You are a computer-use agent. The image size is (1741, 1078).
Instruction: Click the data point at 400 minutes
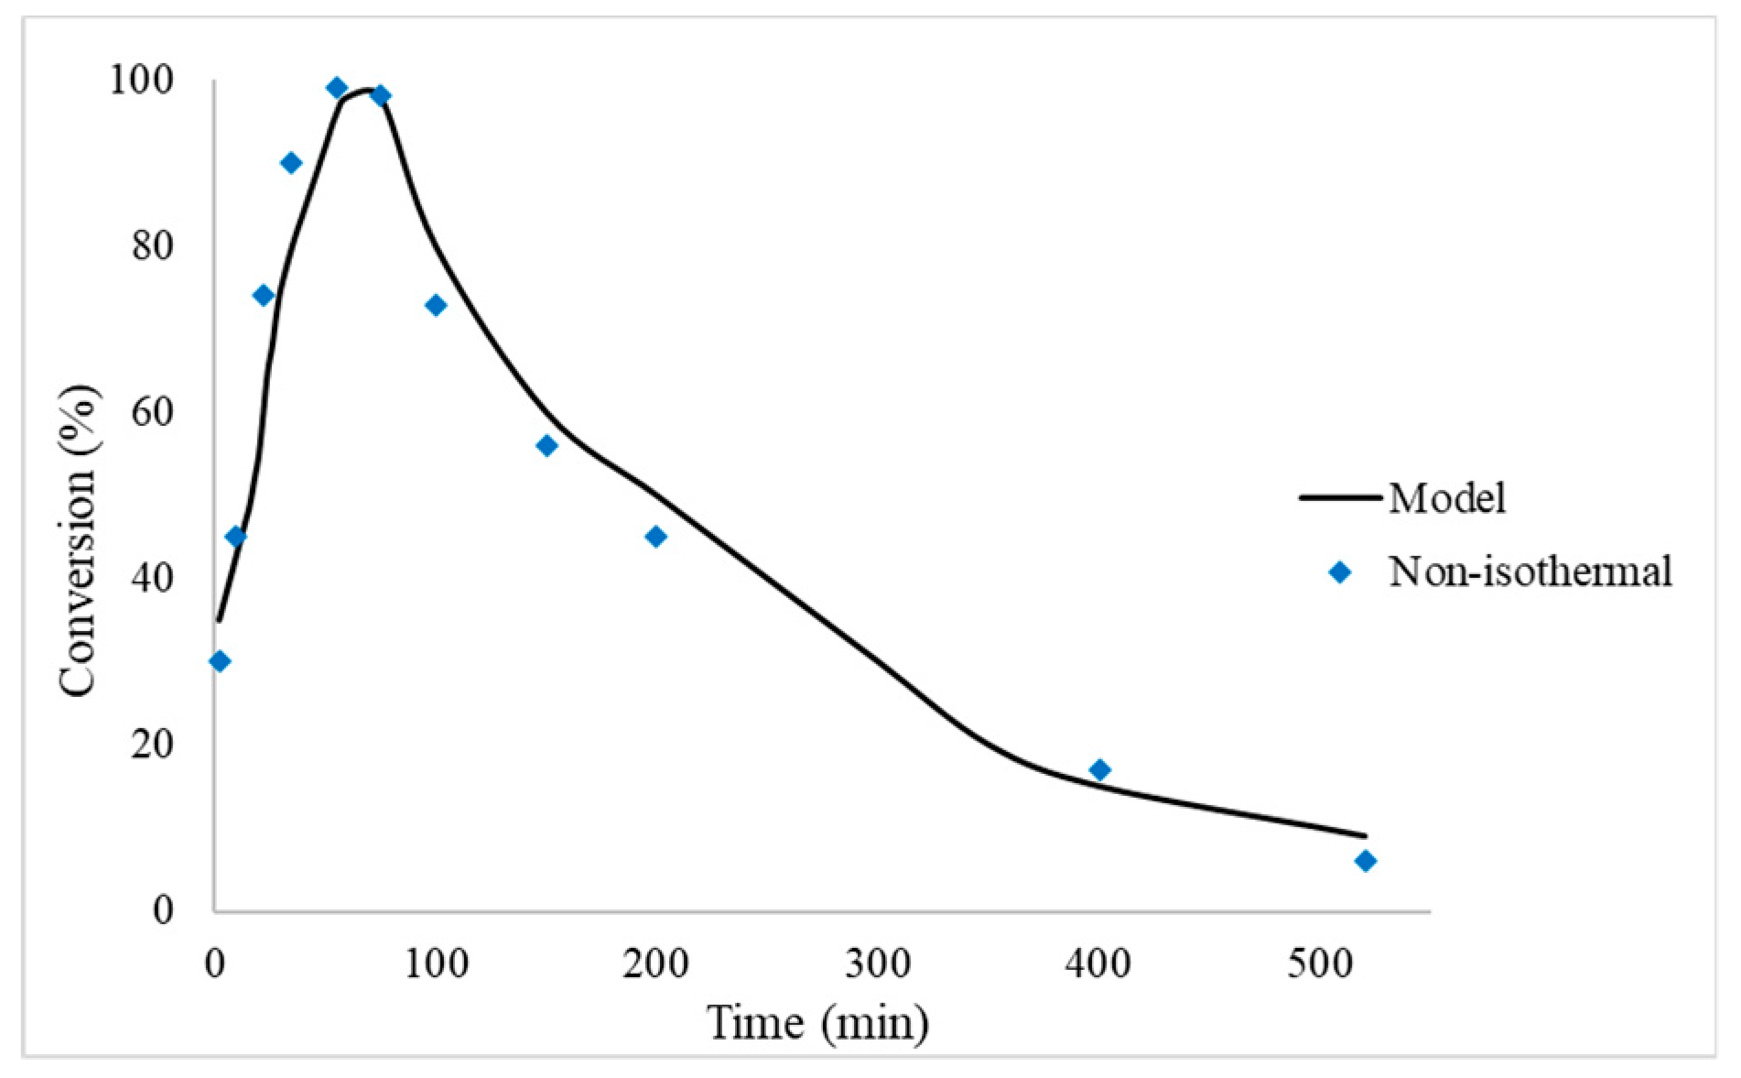click(x=1099, y=770)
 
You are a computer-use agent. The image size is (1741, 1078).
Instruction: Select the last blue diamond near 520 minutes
click(x=1365, y=861)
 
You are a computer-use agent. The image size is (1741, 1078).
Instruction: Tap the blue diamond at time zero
click(x=220, y=661)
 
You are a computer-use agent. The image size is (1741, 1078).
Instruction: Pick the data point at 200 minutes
click(x=655, y=537)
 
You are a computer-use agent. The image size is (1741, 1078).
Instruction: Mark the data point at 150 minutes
click(x=546, y=446)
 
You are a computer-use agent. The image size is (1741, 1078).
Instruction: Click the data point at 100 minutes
click(x=436, y=305)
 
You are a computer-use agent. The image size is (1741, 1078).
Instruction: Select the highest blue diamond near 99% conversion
click(x=337, y=88)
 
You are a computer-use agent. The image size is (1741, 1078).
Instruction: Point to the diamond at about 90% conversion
click(x=291, y=163)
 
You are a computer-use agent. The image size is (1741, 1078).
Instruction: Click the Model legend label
click(x=1446, y=498)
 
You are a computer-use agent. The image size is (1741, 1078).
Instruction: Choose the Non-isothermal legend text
click(x=1530, y=572)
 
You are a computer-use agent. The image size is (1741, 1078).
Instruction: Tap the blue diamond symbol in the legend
click(x=1340, y=572)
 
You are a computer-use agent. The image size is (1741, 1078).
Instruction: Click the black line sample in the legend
click(x=1340, y=498)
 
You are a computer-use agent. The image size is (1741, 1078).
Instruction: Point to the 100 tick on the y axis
click(x=142, y=81)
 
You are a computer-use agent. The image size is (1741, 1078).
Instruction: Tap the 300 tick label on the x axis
click(x=877, y=964)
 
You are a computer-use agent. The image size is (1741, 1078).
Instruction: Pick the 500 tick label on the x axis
click(x=1319, y=964)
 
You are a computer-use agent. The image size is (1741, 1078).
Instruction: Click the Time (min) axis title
click(x=817, y=1023)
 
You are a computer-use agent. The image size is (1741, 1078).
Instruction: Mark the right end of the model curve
click(x=1365, y=835)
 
